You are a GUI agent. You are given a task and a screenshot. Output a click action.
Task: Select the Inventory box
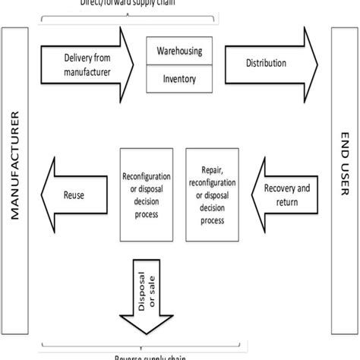click(x=179, y=77)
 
